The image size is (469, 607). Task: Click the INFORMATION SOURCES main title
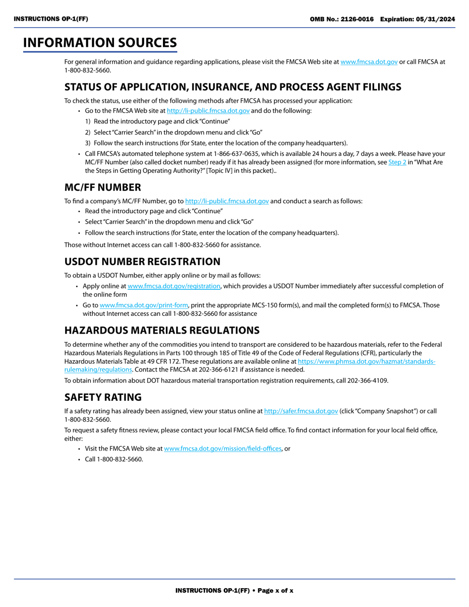pos(100,43)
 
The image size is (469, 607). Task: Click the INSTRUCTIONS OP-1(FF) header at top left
pos(51,19)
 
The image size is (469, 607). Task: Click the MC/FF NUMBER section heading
pos(103,188)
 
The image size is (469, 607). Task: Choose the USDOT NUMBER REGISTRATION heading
pos(142,262)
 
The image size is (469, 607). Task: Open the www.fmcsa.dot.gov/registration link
pos(174,286)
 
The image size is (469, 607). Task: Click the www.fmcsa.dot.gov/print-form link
pos(144,305)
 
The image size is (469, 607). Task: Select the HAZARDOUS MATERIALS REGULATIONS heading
pos(162,330)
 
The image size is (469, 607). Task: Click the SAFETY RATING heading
pos(103,397)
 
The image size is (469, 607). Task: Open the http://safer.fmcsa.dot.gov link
pos(301,411)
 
